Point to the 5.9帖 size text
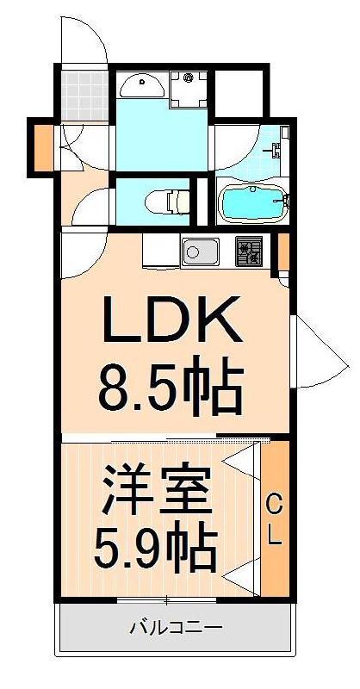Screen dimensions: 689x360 point(155,543)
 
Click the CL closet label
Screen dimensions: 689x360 point(273,519)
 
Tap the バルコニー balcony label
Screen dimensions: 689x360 point(176,627)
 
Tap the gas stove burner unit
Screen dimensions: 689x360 point(250,251)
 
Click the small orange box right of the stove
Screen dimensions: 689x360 point(283,251)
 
